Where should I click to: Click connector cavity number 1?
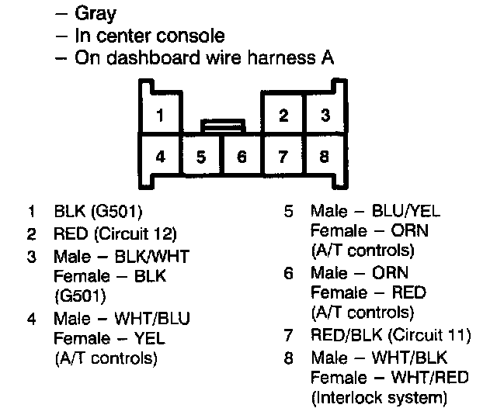click(159, 116)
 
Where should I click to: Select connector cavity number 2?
click(283, 116)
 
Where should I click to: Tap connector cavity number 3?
click(325, 116)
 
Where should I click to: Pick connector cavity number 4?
click(159, 156)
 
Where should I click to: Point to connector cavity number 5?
click(201, 157)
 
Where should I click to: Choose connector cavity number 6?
click(242, 157)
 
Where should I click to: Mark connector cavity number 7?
click(283, 157)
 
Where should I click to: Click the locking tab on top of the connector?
click(224, 123)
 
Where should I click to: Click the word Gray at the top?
click(96, 13)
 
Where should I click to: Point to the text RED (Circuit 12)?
click(116, 233)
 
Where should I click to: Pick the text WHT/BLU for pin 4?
click(158, 318)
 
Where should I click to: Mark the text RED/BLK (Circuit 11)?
click(391, 336)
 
